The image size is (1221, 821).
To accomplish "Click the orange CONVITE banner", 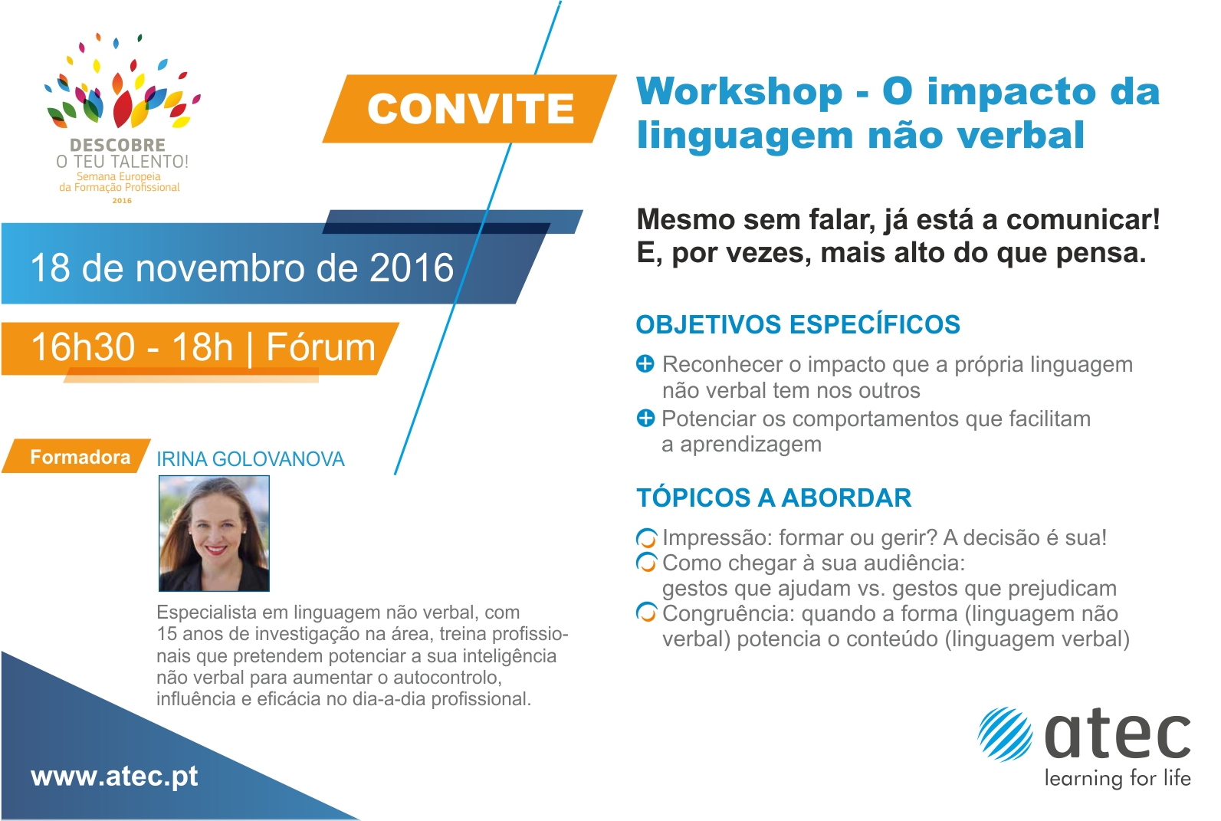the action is point(470,109).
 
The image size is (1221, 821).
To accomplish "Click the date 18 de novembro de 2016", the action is point(242,268).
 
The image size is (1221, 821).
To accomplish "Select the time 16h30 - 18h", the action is point(133,346).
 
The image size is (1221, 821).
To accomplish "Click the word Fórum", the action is point(321,346).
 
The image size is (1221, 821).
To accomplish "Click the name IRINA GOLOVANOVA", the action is point(251,459).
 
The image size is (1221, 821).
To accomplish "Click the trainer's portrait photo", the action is point(214,534).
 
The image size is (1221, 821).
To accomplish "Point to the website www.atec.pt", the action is point(114,777).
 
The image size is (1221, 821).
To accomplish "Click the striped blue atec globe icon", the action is point(1005,734).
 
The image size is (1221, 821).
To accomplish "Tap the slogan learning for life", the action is point(1118,779).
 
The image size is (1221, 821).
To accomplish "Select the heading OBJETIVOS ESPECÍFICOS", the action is point(798,324).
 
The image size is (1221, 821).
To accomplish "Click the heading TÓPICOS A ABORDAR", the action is point(774,498).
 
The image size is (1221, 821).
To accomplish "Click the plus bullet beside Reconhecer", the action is point(645,363).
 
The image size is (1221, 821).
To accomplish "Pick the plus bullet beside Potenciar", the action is point(645,418).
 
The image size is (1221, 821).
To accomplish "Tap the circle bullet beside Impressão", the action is point(646,539).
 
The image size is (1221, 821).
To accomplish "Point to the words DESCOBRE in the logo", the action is point(118,145).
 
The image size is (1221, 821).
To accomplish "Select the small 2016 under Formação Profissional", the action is point(122,201).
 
